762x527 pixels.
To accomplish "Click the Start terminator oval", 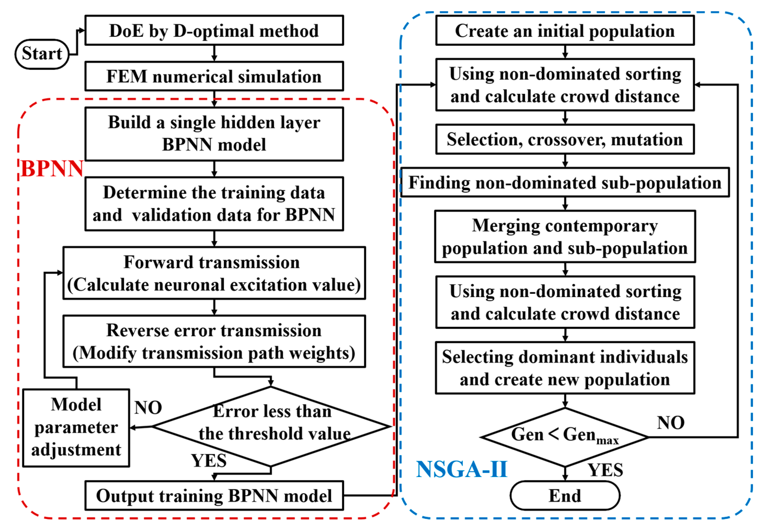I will (x=42, y=54).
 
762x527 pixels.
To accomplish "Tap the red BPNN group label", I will (x=52, y=169).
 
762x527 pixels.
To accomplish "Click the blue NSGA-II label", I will (x=461, y=469).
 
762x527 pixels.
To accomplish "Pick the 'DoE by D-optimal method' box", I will (x=214, y=30).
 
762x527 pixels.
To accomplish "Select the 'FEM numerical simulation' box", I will (x=214, y=76).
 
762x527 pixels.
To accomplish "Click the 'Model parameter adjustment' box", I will (x=76, y=427).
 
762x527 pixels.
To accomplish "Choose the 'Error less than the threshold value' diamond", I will (x=271, y=426).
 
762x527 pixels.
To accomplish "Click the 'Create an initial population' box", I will (x=565, y=30).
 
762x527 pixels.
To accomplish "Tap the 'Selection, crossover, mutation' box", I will (x=565, y=139).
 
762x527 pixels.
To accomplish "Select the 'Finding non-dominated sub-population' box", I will (x=565, y=182).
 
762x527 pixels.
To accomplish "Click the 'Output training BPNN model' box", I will (x=214, y=495).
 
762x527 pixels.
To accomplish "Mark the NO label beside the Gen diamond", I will (x=670, y=423).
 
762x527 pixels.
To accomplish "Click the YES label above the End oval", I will (x=605, y=470).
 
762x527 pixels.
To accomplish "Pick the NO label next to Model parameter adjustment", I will (x=148, y=408).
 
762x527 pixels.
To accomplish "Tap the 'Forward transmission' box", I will (x=214, y=273).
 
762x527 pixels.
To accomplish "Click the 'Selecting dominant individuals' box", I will (x=565, y=368).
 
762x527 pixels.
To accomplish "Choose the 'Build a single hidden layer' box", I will (x=214, y=134).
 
